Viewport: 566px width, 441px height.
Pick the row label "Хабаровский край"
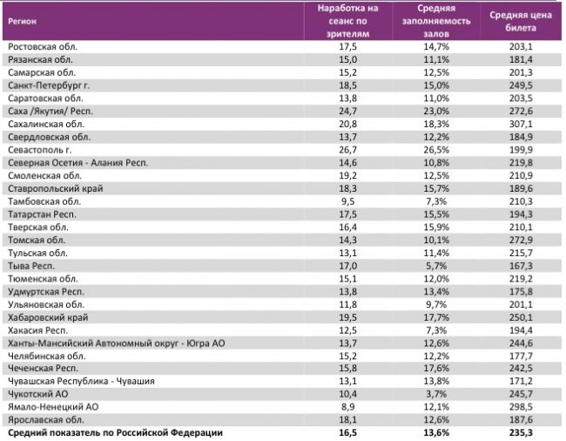pyautogui.click(x=47, y=317)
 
